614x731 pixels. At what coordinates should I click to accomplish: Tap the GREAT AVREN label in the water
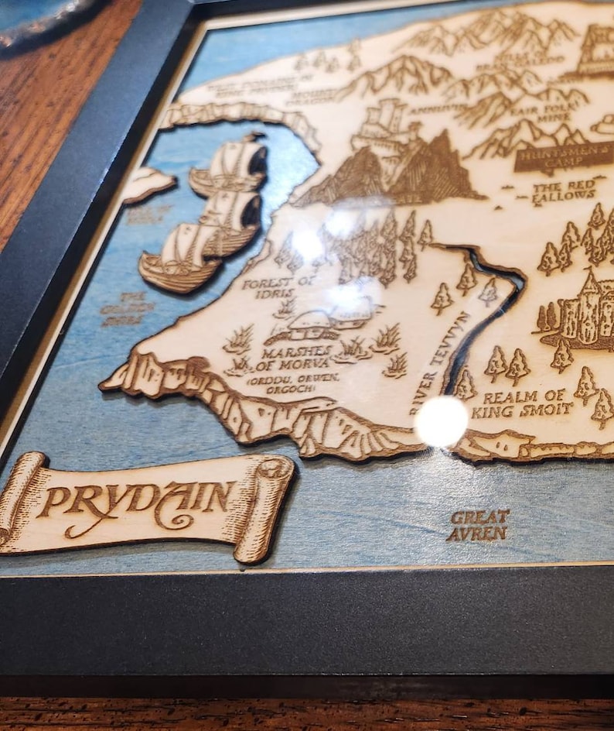tap(479, 524)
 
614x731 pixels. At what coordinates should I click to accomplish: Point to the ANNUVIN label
tap(430, 110)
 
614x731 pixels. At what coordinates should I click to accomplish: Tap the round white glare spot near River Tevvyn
tap(442, 421)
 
